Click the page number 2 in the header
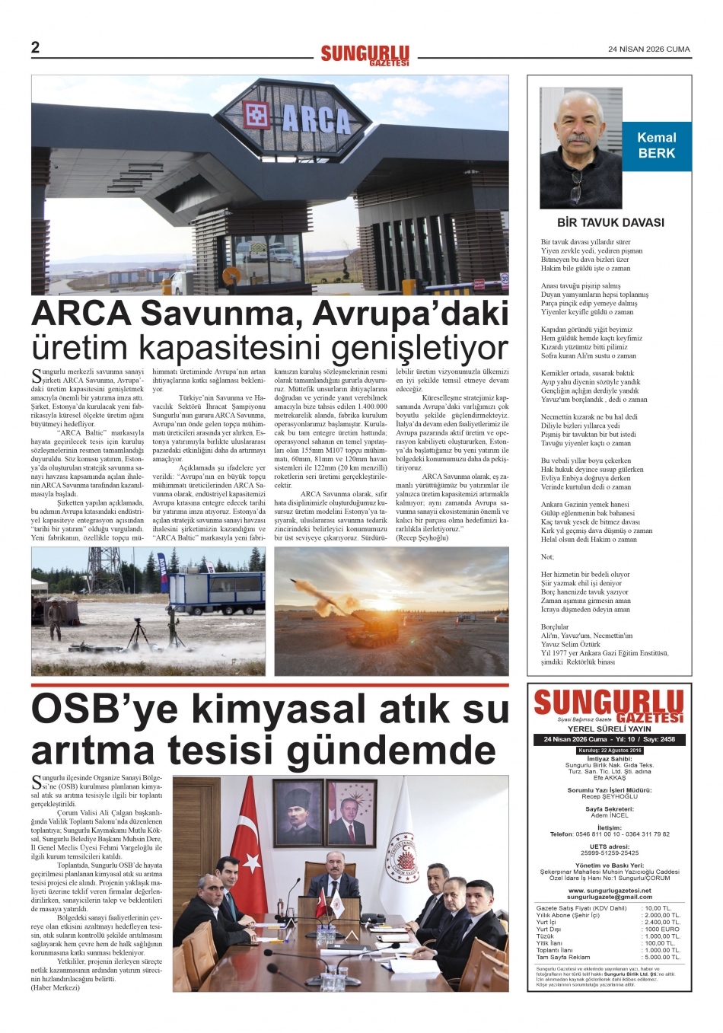tap(35, 48)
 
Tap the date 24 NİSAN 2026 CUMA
tap(648, 49)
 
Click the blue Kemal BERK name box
tap(656, 145)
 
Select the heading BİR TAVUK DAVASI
tap(610, 223)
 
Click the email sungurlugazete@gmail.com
tap(610, 897)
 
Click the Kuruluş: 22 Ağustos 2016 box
tap(610, 751)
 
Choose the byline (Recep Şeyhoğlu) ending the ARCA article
tap(422, 537)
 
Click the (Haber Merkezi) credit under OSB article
tap(55, 987)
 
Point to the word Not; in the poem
tap(547, 556)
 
